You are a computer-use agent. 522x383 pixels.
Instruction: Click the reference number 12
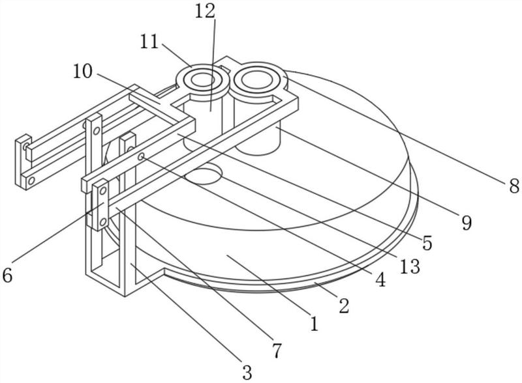tap(205, 12)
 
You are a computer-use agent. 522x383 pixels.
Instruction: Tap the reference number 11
tap(149, 42)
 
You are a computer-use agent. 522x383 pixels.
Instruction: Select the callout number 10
tap(83, 72)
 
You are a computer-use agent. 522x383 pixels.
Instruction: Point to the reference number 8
tap(514, 186)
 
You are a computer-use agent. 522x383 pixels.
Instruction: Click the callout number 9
tap(467, 222)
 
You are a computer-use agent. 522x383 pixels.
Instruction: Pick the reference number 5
tap(427, 243)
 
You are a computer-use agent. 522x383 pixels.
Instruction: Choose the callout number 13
tap(410, 266)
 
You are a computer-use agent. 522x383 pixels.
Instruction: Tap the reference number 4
tap(380, 279)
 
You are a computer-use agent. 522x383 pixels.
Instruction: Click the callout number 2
tap(344, 305)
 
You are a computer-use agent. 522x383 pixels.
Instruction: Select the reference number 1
tap(314, 324)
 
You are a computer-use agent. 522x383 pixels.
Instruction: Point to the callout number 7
tap(277, 350)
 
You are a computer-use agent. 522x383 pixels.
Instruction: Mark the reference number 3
tap(247, 372)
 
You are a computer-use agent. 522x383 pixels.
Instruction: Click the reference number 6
tap(7, 276)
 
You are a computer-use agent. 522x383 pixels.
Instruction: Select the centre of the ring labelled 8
tap(256, 79)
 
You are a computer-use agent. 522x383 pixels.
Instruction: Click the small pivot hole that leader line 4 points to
tap(141, 156)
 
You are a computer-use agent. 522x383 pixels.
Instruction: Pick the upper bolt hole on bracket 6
tap(103, 190)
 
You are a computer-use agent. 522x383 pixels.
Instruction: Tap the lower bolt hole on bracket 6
tap(103, 221)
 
